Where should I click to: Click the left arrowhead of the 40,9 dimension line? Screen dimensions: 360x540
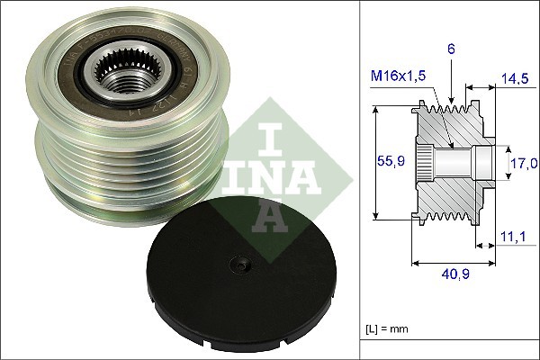pyautogui.click(x=415, y=263)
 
